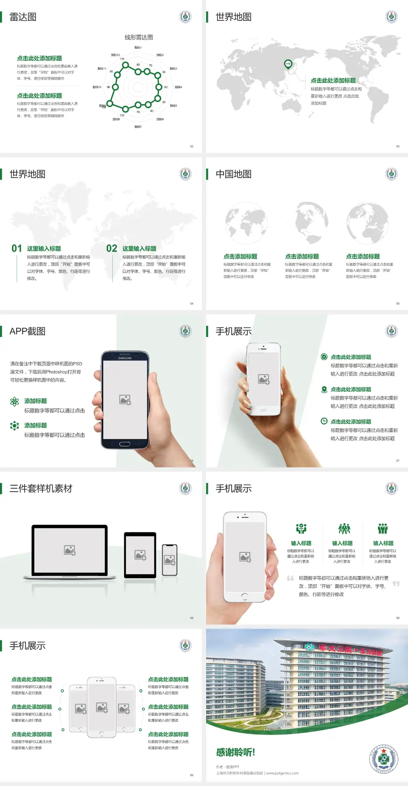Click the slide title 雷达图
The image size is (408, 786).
[23, 17]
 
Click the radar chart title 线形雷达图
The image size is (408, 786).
[139, 37]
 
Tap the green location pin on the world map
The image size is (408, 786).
[288, 64]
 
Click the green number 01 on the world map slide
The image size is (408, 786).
[17, 248]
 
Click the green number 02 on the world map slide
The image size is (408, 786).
[112, 248]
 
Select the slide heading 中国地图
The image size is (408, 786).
[233, 174]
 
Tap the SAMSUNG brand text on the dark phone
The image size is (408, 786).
[125, 358]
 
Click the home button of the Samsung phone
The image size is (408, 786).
[125, 444]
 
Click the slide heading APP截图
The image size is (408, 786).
[27, 331]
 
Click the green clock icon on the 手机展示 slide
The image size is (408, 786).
[324, 421]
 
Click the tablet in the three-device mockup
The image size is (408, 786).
[140, 555]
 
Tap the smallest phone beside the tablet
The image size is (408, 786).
[170, 560]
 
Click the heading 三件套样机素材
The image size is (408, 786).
[41, 489]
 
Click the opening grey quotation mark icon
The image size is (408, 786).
[290, 578]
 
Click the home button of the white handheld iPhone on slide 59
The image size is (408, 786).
[244, 597]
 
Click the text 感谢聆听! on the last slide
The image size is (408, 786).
[235, 752]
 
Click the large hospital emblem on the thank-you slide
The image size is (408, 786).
[383, 758]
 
